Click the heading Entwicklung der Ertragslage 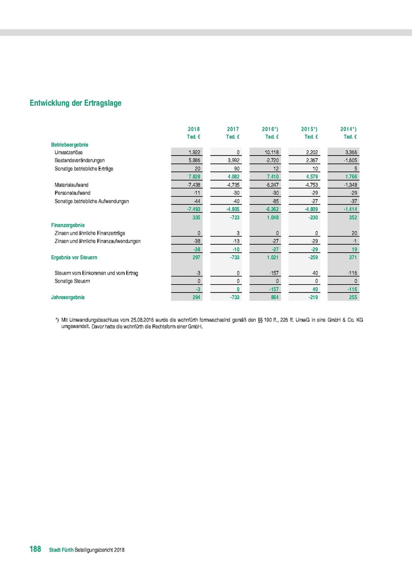coord(75,103)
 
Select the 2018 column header coord(193,129)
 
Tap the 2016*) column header coord(270,129)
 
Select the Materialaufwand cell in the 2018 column coord(194,185)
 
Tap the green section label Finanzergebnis coord(68,225)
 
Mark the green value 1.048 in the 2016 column coord(272,217)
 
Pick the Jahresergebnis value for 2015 coord(311,297)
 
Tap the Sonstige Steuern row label coord(72,281)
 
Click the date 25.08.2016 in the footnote coord(142,320)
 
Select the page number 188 coord(35,549)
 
